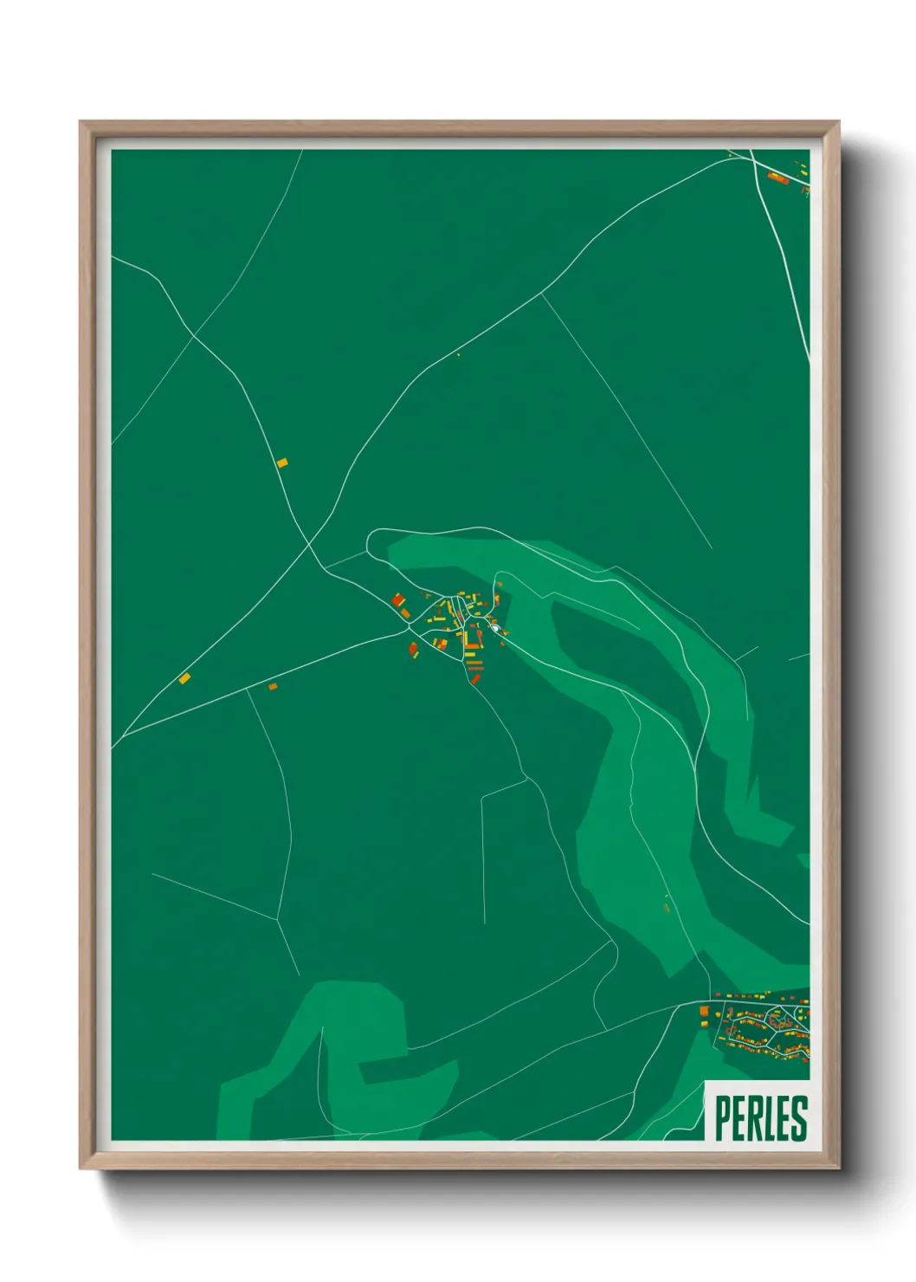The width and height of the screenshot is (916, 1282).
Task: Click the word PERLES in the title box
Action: coord(760,1118)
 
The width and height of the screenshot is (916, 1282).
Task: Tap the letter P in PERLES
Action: coord(722,1118)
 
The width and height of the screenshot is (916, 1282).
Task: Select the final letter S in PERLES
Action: coord(799,1118)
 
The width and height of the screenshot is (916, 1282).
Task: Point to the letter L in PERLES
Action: coord(769,1118)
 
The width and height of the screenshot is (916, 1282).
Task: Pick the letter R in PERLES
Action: coord(752,1118)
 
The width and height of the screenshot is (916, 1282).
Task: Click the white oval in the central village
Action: coord(494,627)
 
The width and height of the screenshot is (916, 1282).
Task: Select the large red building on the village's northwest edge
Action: coord(398,599)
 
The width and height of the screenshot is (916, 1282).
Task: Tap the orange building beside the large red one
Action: coord(405,612)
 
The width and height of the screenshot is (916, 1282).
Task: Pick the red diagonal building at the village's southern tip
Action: coord(474,678)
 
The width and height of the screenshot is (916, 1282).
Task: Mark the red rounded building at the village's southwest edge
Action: coord(414,649)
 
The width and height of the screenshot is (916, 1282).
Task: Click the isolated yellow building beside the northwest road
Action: coord(281,463)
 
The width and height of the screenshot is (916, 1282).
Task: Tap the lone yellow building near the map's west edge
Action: coord(184,678)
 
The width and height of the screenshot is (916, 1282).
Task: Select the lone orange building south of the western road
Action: coord(273,686)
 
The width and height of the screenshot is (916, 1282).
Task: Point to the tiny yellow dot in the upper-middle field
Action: coord(458,354)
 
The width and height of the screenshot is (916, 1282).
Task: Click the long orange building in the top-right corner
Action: coord(777,178)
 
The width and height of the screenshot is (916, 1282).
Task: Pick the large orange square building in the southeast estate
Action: coord(704,1011)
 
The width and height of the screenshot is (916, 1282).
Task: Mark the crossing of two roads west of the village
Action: coord(310,545)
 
